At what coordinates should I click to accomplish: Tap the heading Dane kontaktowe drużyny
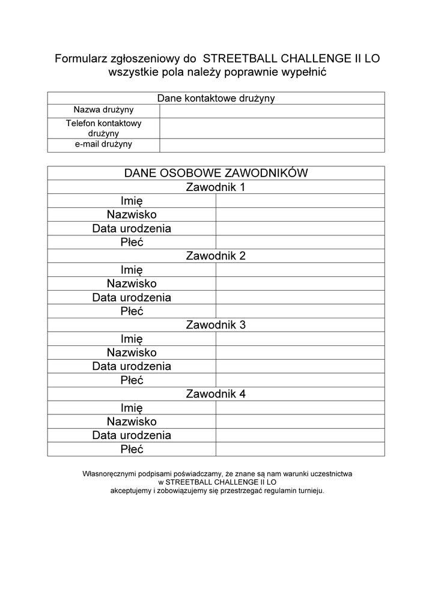click(216, 98)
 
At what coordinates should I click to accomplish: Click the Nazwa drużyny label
click(103, 110)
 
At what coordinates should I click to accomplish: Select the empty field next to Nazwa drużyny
click(272, 111)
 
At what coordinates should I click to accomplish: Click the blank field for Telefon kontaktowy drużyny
click(272, 128)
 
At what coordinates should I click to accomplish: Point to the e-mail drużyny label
click(103, 145)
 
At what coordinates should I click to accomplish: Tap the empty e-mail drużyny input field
click(272, 145)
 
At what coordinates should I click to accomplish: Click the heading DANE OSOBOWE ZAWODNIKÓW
click(216, 173)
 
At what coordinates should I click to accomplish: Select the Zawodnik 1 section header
click(216, 187)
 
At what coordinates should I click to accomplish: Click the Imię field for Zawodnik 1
click(300, 201)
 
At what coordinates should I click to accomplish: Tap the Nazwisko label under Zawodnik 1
click(132, 214)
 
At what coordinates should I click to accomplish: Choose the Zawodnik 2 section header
click(216, 256)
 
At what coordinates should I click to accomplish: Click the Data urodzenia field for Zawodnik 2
click(300, 297)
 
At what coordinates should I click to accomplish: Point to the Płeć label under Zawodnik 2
click(132, 311)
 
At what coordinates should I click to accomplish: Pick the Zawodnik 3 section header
click(216, 325)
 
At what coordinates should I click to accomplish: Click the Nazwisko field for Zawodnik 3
click(300, 353)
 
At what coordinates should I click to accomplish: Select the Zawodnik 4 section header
click(216, 394)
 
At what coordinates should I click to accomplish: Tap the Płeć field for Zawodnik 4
click(300, 449)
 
